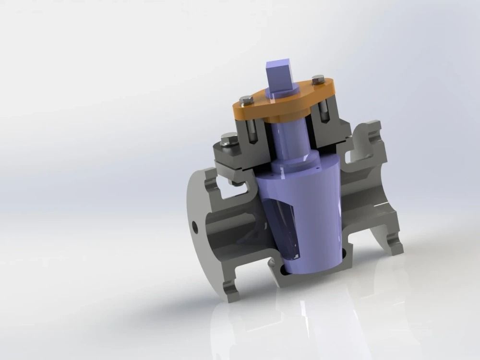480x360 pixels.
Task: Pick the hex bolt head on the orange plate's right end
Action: [x=318, y=78]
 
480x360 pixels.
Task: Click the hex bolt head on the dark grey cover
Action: [x=227, y=140]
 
